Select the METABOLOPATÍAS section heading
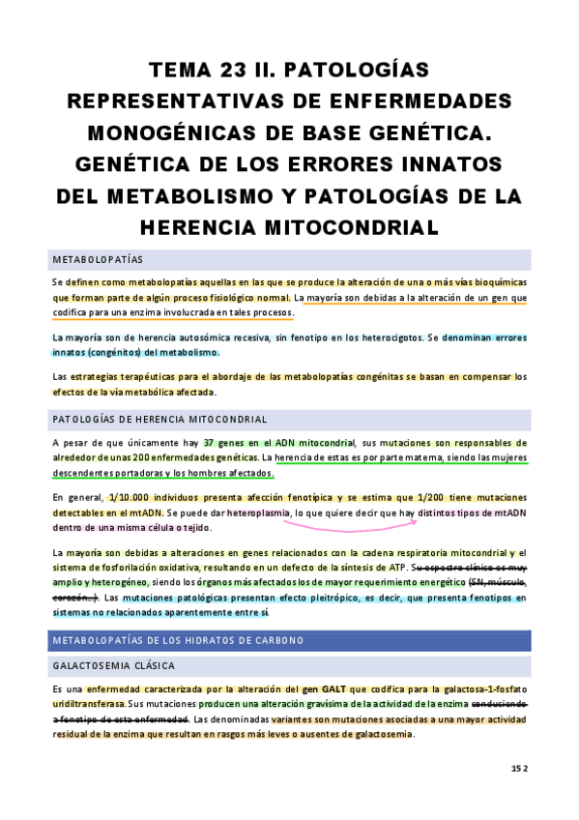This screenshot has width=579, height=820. [x=98, y=260]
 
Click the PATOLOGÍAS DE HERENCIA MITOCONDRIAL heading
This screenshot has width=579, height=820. [x=159, y=419]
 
